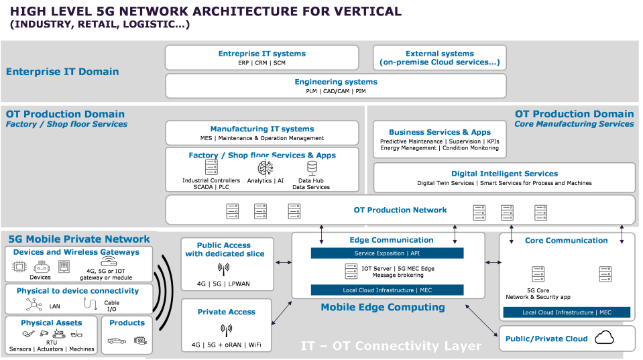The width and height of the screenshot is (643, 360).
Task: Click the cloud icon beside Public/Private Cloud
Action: (x=605, y=337)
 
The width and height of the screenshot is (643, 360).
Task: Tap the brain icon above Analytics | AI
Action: (x=264, y=168)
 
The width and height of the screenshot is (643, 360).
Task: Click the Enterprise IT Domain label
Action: (x=62, y=72)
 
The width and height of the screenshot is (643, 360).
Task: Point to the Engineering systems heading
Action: (x=336, y=82)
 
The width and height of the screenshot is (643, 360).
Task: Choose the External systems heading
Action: (x=439, y=54)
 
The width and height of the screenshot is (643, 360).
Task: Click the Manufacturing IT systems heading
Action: (x=262, y=129)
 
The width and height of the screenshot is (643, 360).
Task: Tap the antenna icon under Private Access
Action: (x=226, y=330)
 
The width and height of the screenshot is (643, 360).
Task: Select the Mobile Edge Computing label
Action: (x=383, y=307)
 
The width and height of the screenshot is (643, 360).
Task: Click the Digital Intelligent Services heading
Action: (x=504, y=174)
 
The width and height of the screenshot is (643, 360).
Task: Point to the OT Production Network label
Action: (x=400, y=210)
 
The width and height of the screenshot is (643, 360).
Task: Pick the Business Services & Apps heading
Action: (x=440, y=132)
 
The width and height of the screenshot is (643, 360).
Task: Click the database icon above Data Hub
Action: (x=311, y=168)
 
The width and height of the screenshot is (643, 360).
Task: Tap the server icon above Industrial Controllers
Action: (x=211, y=168)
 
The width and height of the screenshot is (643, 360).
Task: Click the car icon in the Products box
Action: (x=117, y=341)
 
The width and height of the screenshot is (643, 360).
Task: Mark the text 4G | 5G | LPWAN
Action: (x=223, y=284)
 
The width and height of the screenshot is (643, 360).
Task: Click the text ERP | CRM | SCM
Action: (x=261, y=63)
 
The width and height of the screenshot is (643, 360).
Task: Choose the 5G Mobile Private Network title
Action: (x=79, y=239)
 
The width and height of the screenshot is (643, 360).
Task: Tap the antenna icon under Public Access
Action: (x=224, y=269)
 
